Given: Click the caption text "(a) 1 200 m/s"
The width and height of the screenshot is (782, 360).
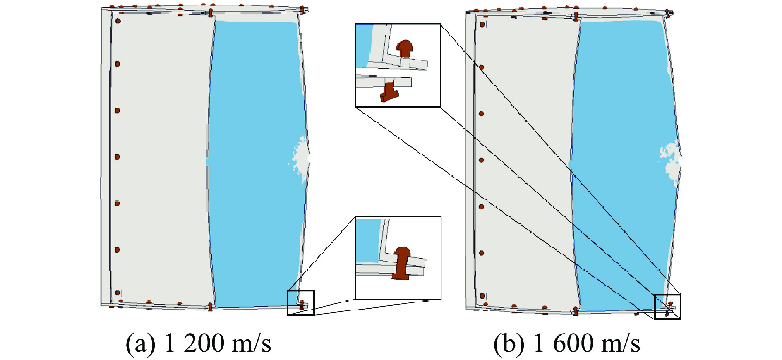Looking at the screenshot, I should [x=198, y=343].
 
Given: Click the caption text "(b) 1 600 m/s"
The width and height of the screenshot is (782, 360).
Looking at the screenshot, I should [x=566, y=343].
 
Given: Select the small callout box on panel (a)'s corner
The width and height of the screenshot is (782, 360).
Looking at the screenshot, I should [x=301, y=302].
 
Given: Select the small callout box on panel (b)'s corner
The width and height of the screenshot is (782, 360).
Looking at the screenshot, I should [x=667, y=307].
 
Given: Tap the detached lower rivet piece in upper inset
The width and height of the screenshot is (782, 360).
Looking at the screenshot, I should [x=389, y=92].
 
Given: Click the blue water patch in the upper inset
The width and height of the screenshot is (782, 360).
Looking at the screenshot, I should [x=364, y=43].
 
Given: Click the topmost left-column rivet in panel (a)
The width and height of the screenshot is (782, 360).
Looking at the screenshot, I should [x=118, y=20].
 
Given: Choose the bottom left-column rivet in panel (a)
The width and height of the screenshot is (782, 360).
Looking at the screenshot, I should [x=118, y=293].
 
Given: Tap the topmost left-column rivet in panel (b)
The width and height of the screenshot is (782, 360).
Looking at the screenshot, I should [x=482, y=24].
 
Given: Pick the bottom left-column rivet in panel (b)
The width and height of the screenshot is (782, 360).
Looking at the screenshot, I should [x=482, y=296].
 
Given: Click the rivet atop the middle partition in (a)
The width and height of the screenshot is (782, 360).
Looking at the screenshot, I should [x=210, y=12].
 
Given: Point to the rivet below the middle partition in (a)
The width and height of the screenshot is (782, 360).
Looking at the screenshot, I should [x=210, y=307].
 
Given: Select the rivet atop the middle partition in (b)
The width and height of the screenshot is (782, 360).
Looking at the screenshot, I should [x=576, y=16].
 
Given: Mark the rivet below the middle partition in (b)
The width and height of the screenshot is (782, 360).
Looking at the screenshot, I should [x=576, y=311].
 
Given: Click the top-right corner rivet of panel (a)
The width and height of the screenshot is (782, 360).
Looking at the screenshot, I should [x=302, y=10].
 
